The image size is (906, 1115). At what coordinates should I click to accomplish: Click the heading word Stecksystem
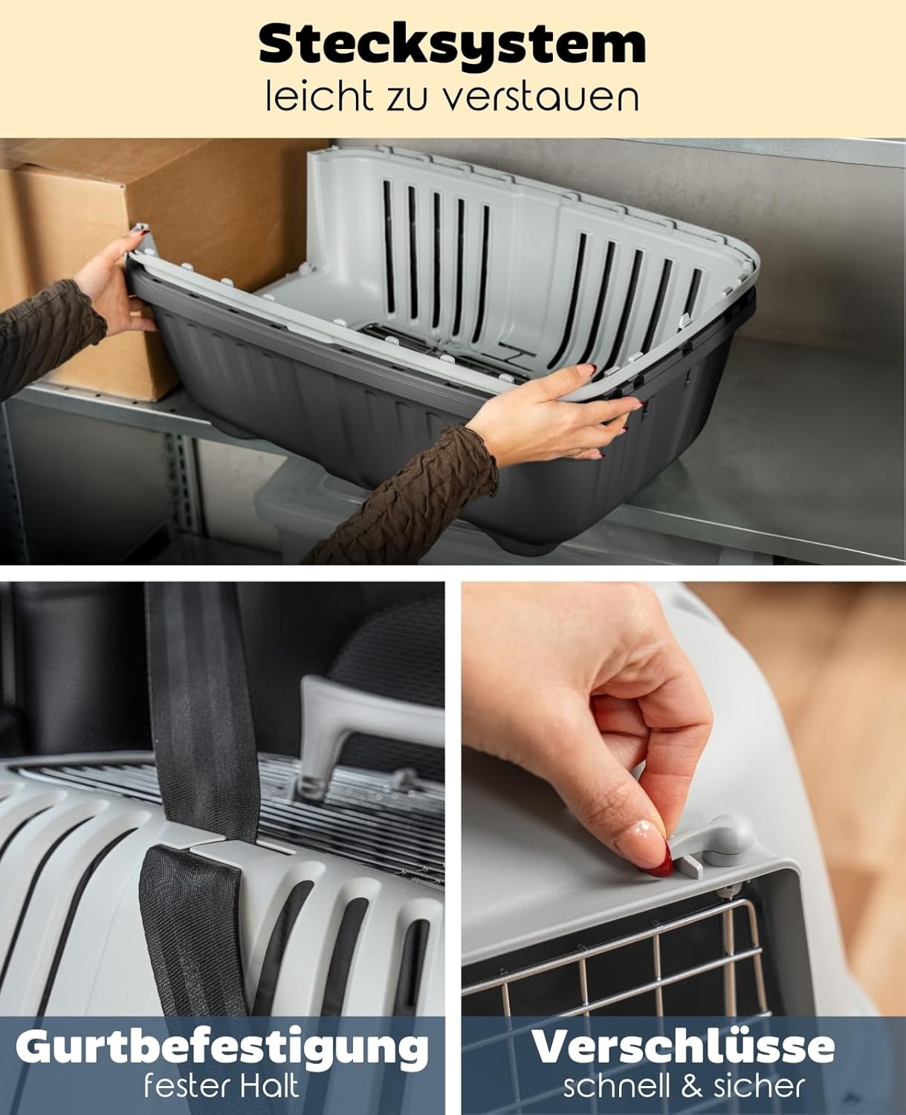click(x=452, y=45)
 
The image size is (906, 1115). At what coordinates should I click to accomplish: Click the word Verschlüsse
click(x=684, y=1047)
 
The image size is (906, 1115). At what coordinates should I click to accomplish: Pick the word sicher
click(x=759, y=1087)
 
